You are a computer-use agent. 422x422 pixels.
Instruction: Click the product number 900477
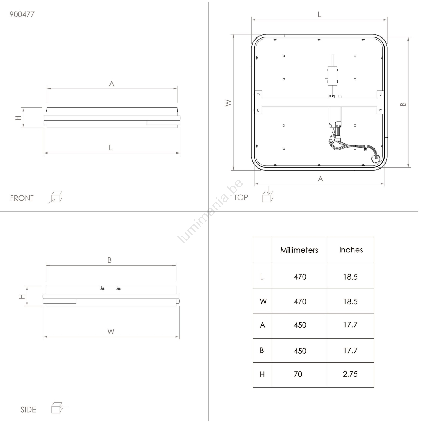tap(22, 14)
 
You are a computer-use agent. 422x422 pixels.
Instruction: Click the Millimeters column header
tap(299, 250)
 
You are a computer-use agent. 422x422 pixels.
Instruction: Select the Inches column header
tap(351, 250)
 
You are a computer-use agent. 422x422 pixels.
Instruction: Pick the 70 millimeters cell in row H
tap(298, 374)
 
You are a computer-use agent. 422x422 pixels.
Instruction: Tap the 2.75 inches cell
tap(350, 374)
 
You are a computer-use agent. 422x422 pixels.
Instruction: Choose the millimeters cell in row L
tap(300, 277)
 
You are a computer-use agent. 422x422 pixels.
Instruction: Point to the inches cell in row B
tap(350, 351)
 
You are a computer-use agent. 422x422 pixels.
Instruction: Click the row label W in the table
tap(263, 302)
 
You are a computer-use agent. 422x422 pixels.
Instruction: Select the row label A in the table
tap(262, 325)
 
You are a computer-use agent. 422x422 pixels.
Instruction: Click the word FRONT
tap(22, 198)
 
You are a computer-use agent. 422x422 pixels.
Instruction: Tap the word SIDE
tap(28, 410)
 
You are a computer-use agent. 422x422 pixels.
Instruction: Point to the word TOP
tap(241, 198)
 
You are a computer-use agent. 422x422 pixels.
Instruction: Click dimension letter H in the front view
tap(18, 118)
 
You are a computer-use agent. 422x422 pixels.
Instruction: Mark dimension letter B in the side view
tap(109, 260)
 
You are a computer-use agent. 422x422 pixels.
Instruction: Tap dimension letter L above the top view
tap(319, 15)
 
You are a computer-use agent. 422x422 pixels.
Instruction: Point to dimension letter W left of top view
tap(228, 103)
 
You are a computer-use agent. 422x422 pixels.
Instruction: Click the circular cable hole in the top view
tap(375, 159)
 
